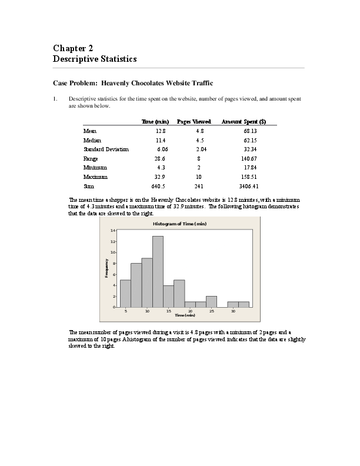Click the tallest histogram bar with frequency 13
click(158, 271)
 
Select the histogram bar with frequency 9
click(147, 282)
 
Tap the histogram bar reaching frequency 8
click(136, 285)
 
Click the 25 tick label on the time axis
click(212, 311)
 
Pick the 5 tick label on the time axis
click(126, 311)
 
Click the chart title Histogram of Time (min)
click(179, 224)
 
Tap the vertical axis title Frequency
click(106, 268)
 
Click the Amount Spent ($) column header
click(244, 122)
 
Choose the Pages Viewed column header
click(194, 122)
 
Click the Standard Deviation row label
click(106, 149)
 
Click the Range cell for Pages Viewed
click(199, 158)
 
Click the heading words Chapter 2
click(73, 49)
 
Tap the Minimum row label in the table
click(94, 168)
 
